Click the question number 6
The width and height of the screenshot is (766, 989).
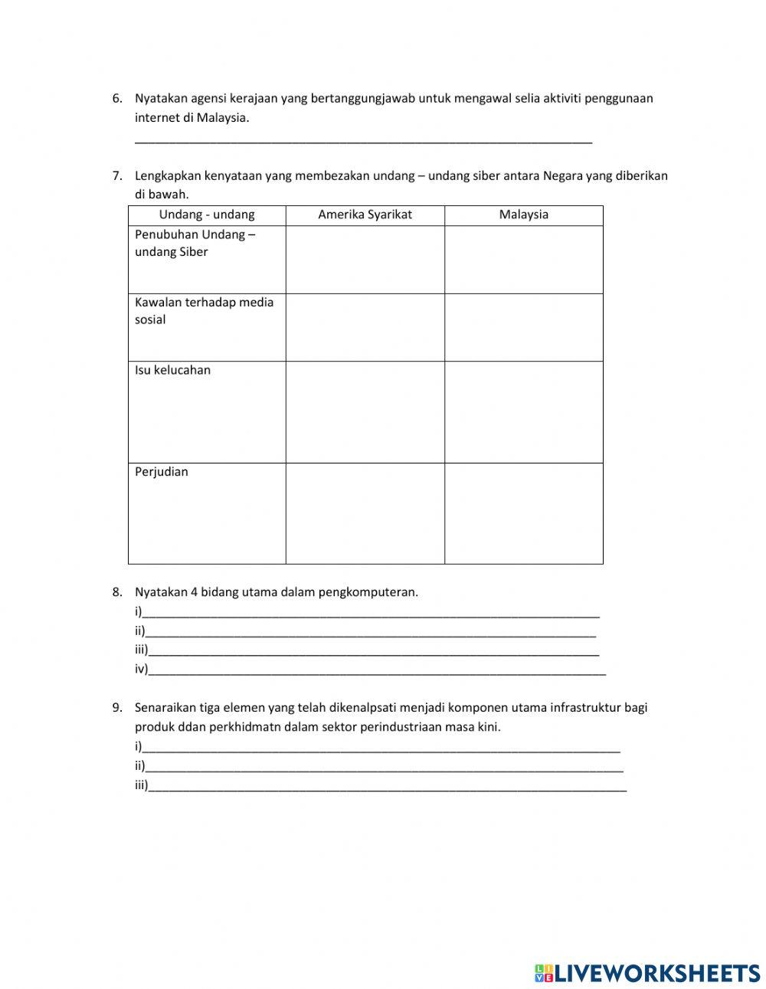tap(116, 98)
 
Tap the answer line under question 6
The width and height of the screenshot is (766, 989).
tap(363, 139)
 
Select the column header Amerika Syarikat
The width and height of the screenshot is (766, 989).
tap(365, 215)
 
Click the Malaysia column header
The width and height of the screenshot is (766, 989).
tap(524, 215)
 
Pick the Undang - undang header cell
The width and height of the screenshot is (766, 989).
tap(207, 215)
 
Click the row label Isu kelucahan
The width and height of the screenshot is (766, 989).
tap(172, 370)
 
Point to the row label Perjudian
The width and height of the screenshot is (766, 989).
tap(161, 472)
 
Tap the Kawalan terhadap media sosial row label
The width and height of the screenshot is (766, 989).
tap(204, 310)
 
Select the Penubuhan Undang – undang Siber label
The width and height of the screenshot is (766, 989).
tap(195, 243)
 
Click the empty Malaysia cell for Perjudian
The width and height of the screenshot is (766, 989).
tap(524, 513)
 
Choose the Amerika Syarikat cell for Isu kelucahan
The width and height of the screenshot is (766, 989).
tap(365, 411)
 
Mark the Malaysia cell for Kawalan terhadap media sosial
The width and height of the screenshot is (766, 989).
tap(524, 327)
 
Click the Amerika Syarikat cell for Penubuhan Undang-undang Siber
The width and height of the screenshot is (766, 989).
tap(365, 260)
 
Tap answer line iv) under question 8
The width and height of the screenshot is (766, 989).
tap(377, 670)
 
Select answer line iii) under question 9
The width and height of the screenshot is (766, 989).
tap(387, 786)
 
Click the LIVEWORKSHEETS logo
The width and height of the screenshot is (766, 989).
tap(647, 973)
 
